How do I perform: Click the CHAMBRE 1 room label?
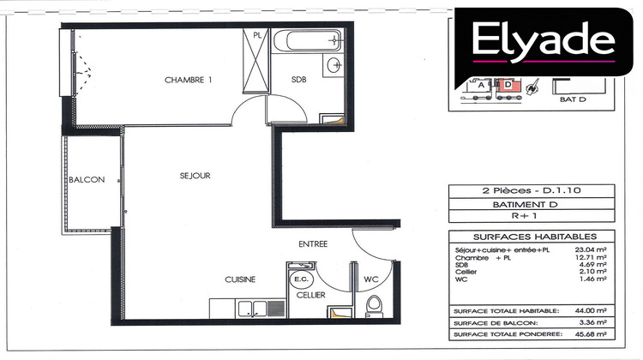click(188, 80)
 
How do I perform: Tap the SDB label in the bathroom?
click(298, 80)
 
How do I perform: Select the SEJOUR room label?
click(195, 176)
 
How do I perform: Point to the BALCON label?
click(87, 180)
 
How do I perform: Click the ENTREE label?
click(312, 243)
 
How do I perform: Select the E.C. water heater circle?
click(302, 279)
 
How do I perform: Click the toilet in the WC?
click(374, 306)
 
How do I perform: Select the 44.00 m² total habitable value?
click(592, 309)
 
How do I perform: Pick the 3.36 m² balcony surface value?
click(592, 322)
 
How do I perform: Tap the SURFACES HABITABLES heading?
click(529, 237)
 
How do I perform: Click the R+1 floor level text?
click(529, 219)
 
